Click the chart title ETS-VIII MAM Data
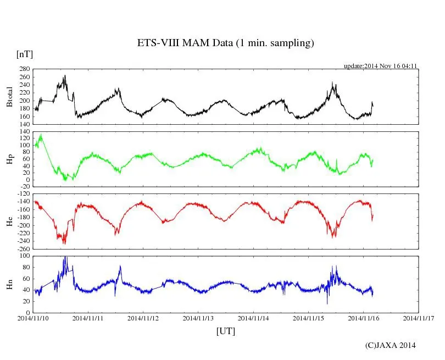pos(225,43)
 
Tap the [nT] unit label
pos(24,54)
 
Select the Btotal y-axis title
pos(9,96)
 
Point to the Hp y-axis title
pos(9,159)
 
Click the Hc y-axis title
pos(9,221)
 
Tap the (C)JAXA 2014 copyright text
pos(390,345)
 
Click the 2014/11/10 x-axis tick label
pos(34,318)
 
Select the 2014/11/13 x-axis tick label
pos(199,318)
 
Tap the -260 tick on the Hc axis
pos(23,249)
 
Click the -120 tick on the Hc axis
pos(23,194)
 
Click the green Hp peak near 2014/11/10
pos(41,135)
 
